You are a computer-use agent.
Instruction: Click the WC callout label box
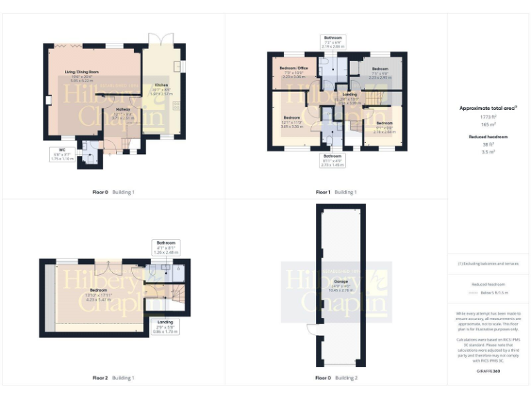pos(62,153)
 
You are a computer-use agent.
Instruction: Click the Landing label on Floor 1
pos(349,97)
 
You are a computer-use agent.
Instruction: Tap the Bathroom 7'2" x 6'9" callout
pos(333,41)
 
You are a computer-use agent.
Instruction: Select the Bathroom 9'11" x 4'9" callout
pos(332,161)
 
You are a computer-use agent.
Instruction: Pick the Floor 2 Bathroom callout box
pos(167,247)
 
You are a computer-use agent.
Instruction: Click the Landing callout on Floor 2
pos(164,326)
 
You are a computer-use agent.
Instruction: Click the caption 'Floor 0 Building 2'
pos(336,378)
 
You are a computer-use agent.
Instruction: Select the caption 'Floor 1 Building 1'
pos(336,191)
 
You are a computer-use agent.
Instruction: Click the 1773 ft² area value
pos(489,118)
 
